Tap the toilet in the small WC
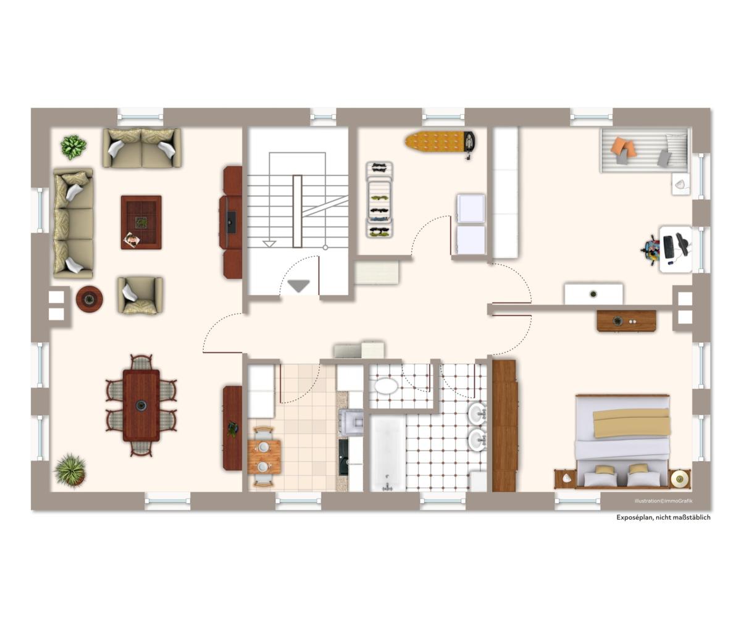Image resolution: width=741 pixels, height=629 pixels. tap(386, 386)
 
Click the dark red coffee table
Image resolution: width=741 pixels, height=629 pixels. tap(141, 222)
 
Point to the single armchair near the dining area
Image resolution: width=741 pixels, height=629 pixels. tap(140, 295)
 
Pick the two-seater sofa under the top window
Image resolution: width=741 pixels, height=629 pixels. tap(142, 148)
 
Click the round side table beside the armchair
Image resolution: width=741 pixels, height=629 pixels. tap(90, 299)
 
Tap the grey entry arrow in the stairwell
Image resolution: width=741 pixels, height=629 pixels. tap(299, 286)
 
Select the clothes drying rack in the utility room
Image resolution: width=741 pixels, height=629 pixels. tap(379, 199)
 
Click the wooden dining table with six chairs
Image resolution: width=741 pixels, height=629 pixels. tap(141, 406)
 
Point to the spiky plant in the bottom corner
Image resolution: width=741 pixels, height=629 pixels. tap(70, 470)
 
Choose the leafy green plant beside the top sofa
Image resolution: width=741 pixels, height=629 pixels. tap(73, 147)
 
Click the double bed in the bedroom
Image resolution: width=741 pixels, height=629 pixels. tap(622, 441)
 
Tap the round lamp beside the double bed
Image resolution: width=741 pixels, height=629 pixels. tap(679, 478)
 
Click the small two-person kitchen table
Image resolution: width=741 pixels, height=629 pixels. tap(264, 457)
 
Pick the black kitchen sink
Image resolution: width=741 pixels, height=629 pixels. tap(343, 457)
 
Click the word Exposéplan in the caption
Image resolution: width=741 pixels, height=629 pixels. tap(635, 517)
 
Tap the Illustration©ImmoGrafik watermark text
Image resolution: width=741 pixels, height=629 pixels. tap(663, 501)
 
